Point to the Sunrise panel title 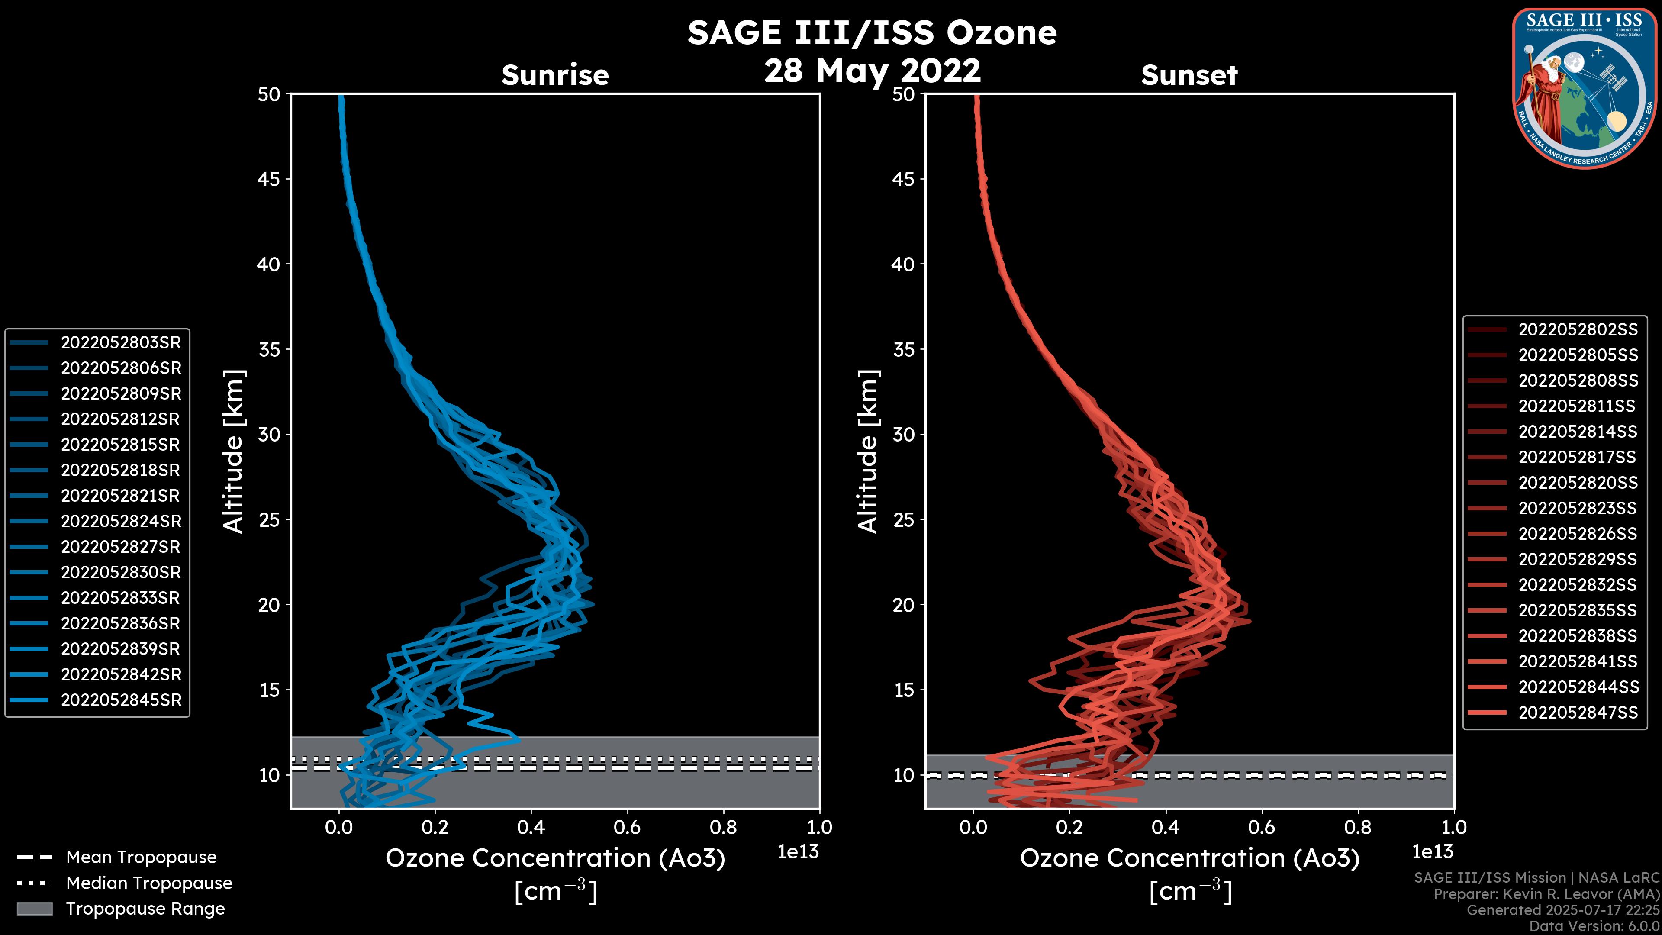pos(555,75)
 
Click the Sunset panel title pos(1189,75)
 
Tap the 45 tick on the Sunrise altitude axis pos(269,179)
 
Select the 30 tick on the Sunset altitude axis pos(903,434)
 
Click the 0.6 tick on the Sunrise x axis pos(627,827)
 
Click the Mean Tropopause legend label pos(141,858)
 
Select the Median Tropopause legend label pos(149,883)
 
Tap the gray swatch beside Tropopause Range pos(35,909)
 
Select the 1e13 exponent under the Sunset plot pos(1432,852)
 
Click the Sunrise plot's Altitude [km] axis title pos(234,451)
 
